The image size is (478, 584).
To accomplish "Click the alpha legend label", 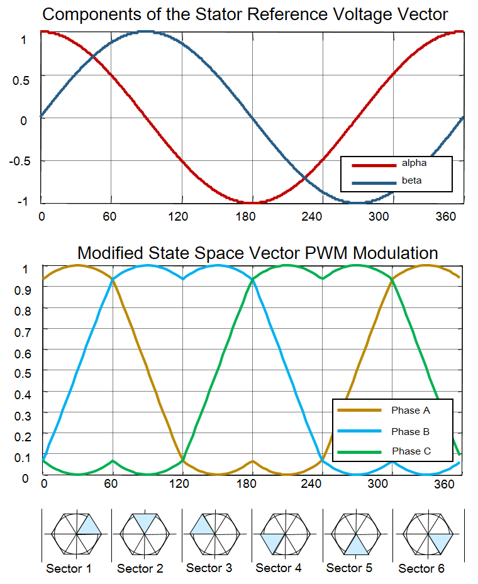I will [x=414, y=163].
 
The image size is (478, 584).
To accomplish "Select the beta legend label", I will [x=412, y=181].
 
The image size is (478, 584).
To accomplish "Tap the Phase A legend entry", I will [x=410, y=410].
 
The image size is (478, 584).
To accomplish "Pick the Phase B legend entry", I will [x=410, y=431].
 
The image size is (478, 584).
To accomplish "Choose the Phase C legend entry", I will [x=410, y=451].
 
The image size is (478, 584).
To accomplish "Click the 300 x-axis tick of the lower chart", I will [x=378, y=484].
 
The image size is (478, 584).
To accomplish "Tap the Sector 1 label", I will [x=69, y=569].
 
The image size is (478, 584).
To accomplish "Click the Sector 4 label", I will [x=278, y=568].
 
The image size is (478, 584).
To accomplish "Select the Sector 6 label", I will [x=421, y=569].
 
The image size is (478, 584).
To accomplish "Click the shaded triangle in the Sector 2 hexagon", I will [x=145, y=522].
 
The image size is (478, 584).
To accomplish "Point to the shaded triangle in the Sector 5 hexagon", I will [x=357, y=544].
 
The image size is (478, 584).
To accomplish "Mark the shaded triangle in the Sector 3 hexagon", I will [x=201, y=526].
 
